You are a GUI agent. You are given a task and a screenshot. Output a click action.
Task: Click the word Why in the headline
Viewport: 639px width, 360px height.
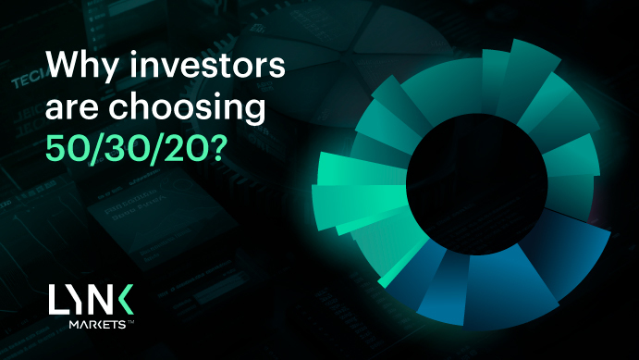click(x=82, y=66)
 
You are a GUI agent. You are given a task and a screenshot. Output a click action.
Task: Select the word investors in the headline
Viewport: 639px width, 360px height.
click(x=207, y=65)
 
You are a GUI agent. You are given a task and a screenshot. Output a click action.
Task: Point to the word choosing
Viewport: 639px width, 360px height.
click(x=187, y=107)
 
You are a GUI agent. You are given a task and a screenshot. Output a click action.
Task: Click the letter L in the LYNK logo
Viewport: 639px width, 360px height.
click(x=56, y=299)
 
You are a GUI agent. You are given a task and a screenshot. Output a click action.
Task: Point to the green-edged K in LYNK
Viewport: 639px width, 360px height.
click(x=123, y=299)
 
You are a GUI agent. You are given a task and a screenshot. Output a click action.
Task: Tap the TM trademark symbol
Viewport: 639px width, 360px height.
click(x=130, y=322)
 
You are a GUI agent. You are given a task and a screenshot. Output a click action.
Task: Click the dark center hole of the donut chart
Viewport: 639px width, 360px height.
click(x=477, y=184)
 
